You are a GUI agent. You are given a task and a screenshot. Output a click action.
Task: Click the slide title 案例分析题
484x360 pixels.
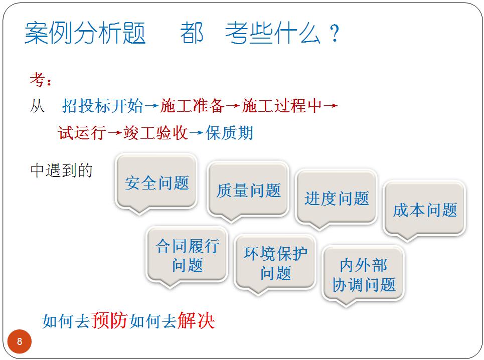click(x=85, y=33)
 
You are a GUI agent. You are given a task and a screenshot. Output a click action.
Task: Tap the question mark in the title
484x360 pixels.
click(x=335, y=33)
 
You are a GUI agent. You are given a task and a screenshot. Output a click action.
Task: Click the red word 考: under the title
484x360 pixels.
click(x=41, y=80)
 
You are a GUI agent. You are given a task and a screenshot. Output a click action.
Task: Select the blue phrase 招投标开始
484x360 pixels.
click(x=102, y=106)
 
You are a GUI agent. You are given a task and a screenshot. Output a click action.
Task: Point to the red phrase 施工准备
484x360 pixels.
click(x=192, y=106)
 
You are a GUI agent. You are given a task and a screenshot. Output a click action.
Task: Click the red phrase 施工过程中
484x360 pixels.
click(x=282, y=106)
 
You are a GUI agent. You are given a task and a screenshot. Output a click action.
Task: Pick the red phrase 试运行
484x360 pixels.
click(x=82, y=133)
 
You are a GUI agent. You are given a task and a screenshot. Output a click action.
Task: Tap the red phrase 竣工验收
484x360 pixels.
click(x=155, y=133)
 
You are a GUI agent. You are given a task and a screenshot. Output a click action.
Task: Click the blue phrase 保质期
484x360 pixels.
click(x=229, y=133)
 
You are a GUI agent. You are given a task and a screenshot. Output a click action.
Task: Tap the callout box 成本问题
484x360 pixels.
click(x=424, y=210)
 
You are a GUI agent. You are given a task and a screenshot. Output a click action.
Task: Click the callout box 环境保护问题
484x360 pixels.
click(x=275, y=263)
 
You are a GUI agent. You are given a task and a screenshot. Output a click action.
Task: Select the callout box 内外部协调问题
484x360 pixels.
click(x=363, y=275)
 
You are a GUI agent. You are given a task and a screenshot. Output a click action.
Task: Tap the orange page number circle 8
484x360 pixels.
click(x=20, y=341)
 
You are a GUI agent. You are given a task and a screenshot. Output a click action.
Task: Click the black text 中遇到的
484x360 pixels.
click(x=61, y=170)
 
